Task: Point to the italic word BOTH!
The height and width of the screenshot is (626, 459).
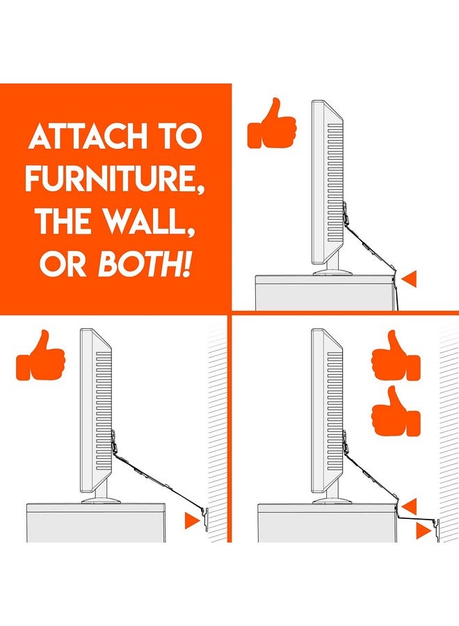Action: [x=145, y=265]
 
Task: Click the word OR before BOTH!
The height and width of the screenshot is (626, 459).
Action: [x=63, y=265]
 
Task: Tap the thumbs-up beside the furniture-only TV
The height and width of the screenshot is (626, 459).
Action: [x=272, y=126]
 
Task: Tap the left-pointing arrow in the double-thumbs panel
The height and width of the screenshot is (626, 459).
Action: [x=410, y=506]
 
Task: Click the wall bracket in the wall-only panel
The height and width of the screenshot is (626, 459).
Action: [x=208, y=518]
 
